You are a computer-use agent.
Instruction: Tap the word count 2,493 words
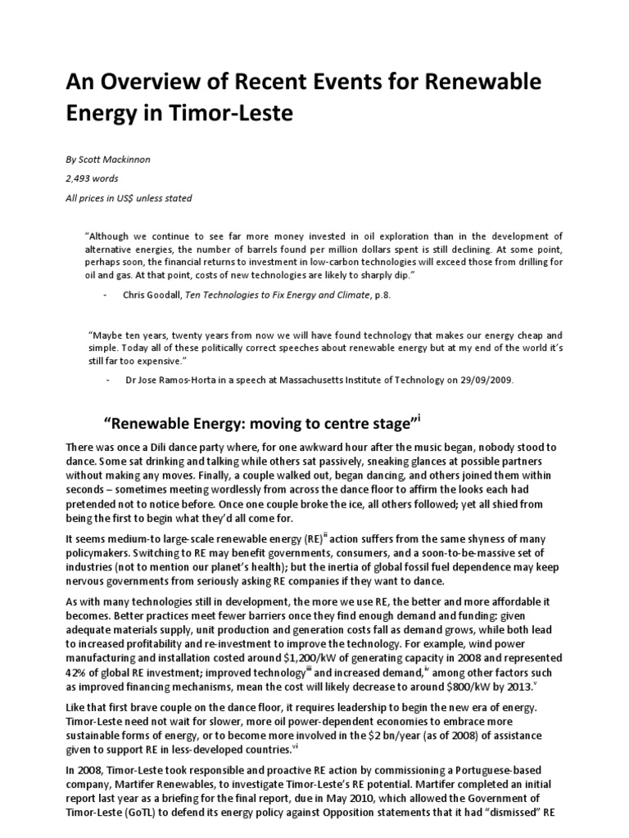tap(93, 178)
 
